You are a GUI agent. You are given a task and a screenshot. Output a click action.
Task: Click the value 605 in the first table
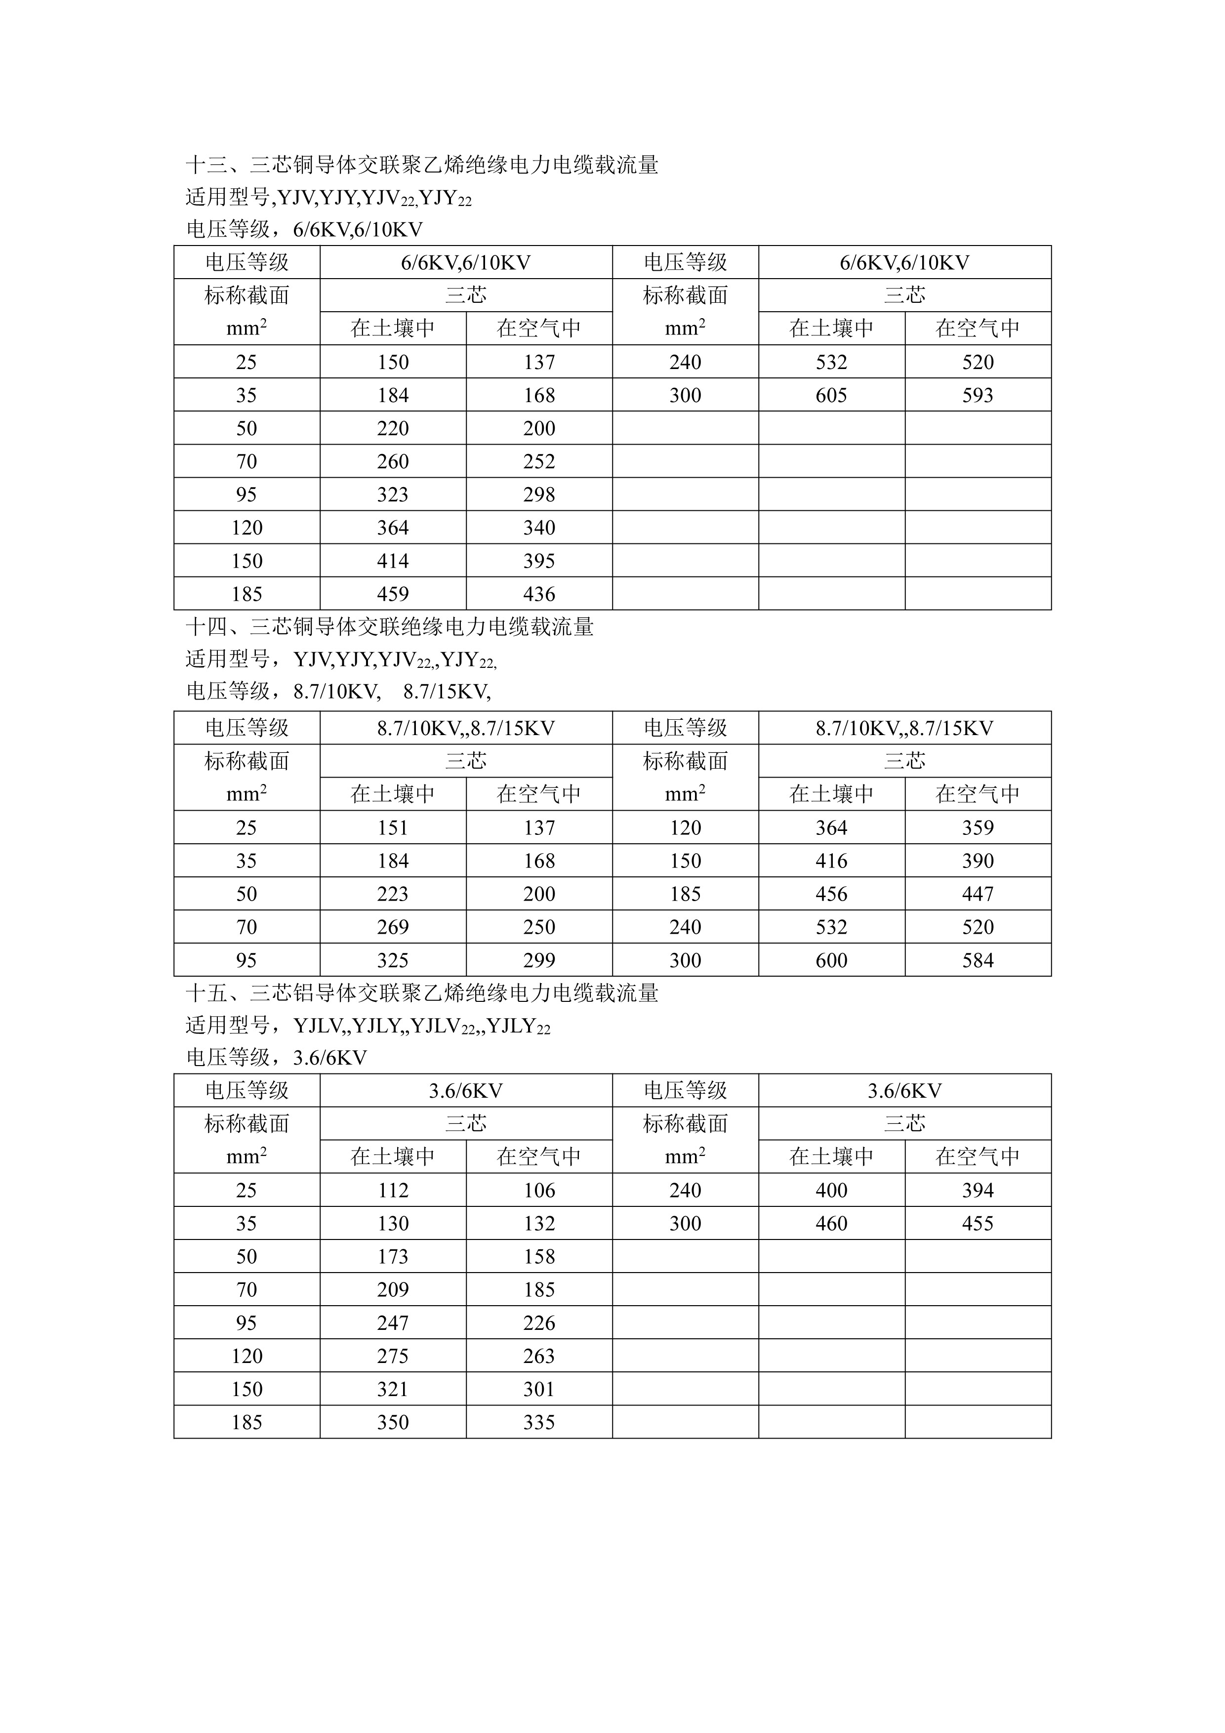[x=831, y=396]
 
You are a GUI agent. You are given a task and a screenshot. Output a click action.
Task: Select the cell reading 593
[x=978, y=396]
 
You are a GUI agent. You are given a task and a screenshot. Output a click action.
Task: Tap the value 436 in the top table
[x=539, y=594]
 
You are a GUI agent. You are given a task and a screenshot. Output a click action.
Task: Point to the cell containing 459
[x=393, y=594]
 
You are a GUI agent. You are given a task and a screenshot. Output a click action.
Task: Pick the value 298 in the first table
[x=539, y=495]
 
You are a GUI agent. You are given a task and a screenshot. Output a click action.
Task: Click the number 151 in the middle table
[x=393, y=828]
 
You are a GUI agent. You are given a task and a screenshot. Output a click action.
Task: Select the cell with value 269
[x=393, y=927]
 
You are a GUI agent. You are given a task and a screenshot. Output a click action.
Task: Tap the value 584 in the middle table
[x=978, y=960]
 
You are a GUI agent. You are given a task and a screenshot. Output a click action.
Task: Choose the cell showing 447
[x=978, y=894]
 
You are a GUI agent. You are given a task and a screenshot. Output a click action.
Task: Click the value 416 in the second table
[x=831, y=861]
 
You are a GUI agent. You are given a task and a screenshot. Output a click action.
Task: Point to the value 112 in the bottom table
[x=393, y=1190]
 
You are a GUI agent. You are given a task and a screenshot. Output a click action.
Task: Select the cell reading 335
[x=539, y=1422]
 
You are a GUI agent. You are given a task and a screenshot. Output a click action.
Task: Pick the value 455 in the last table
[x=978, y=1224]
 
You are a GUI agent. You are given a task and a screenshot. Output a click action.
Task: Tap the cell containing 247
[x=393, y=1322]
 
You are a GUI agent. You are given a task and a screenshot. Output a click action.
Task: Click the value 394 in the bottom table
[x=978, y=1190]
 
